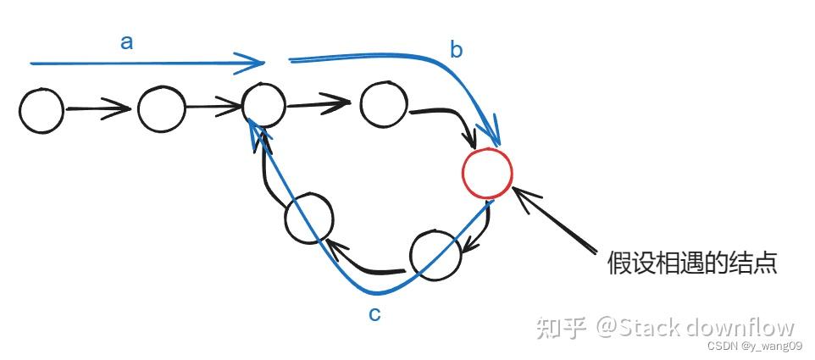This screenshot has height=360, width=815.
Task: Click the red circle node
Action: (x=486, y=171)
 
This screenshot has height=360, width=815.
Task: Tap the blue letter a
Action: (x=127, y=42)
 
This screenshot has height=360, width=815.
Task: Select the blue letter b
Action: (x=456, y=50)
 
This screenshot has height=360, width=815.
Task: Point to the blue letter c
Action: (x=374, y=314)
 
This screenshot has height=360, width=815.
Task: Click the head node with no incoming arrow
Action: (x=42, y=110)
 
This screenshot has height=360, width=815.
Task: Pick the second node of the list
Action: (x=162, y=111)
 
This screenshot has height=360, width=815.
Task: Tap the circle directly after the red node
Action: (x=435, y=252)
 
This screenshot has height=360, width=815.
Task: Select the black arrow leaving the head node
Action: (x=97, y=109)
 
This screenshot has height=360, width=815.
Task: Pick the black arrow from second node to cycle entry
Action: (x=213, y=107)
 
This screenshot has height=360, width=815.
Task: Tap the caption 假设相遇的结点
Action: (x=692, y=262)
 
